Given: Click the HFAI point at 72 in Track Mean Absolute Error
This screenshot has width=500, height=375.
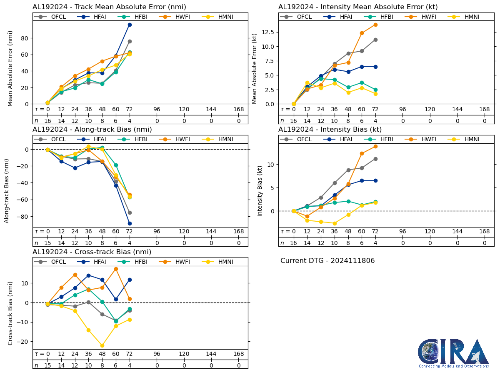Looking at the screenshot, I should pyautogui.click(x=130, y=25).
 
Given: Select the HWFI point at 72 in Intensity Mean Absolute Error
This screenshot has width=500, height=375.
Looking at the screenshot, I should pyautogui.click(x=375, y=25).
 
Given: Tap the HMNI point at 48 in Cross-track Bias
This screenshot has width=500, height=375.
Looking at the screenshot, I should pyautogui.click(x=102, y=345).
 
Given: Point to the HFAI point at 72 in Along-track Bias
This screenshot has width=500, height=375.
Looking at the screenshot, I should pyautogui.click(x=130, y=223).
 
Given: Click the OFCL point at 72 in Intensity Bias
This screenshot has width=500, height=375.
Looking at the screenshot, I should pyautogui.click(x=375, y=159).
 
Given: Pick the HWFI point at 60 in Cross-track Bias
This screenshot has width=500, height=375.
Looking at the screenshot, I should pyautogui.click(x=116, y=269).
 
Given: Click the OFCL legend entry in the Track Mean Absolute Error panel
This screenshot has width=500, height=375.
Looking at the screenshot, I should pyautogui.click(x=51, y=17).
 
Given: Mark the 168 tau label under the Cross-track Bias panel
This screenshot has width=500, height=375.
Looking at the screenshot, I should pyautogui.click(x=238, y=354).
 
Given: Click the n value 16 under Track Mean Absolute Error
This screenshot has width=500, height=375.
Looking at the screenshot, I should pyautogui.click(x=47, y=120).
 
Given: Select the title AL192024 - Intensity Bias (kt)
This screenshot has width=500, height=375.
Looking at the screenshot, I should pyautogui.click(x=330, y=129).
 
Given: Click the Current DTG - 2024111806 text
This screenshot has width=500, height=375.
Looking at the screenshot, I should pyautogui.click(x=327, y=261).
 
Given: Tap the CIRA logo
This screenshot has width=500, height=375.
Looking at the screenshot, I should pyautogui.click(x=454, y=353).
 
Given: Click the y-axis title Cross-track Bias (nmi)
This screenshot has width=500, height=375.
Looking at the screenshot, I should pyautogui.click(x=10, y=313).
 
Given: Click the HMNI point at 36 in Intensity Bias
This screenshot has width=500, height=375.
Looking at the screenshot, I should pyautogui.click(x=335, y=223).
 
